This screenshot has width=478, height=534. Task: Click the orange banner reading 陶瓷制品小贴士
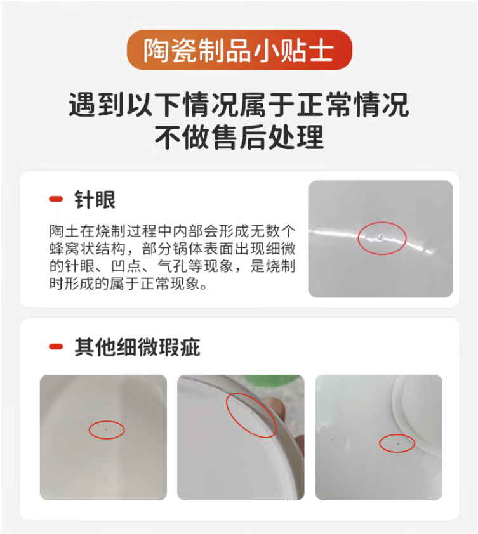(x=239, y=50)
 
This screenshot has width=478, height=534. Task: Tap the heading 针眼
(x=95, y=200)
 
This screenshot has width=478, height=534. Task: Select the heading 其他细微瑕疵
(x=137, y=348)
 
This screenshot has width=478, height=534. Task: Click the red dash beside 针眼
(x=56, y=199)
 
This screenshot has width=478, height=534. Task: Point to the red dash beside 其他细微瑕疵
(x=56, y=347)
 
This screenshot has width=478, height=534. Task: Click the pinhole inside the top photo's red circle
(x=381, y=237)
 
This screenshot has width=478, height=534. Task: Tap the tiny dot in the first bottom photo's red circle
(x=106, y=429)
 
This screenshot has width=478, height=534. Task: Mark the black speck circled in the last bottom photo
(x=398, y=444)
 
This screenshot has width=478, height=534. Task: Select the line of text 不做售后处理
(x=239, y=138)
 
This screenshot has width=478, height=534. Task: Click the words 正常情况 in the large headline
(x=353, y=105)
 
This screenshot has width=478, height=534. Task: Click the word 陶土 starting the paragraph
(x=64, y=231)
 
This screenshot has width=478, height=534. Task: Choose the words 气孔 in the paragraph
(x=171, y=266)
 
